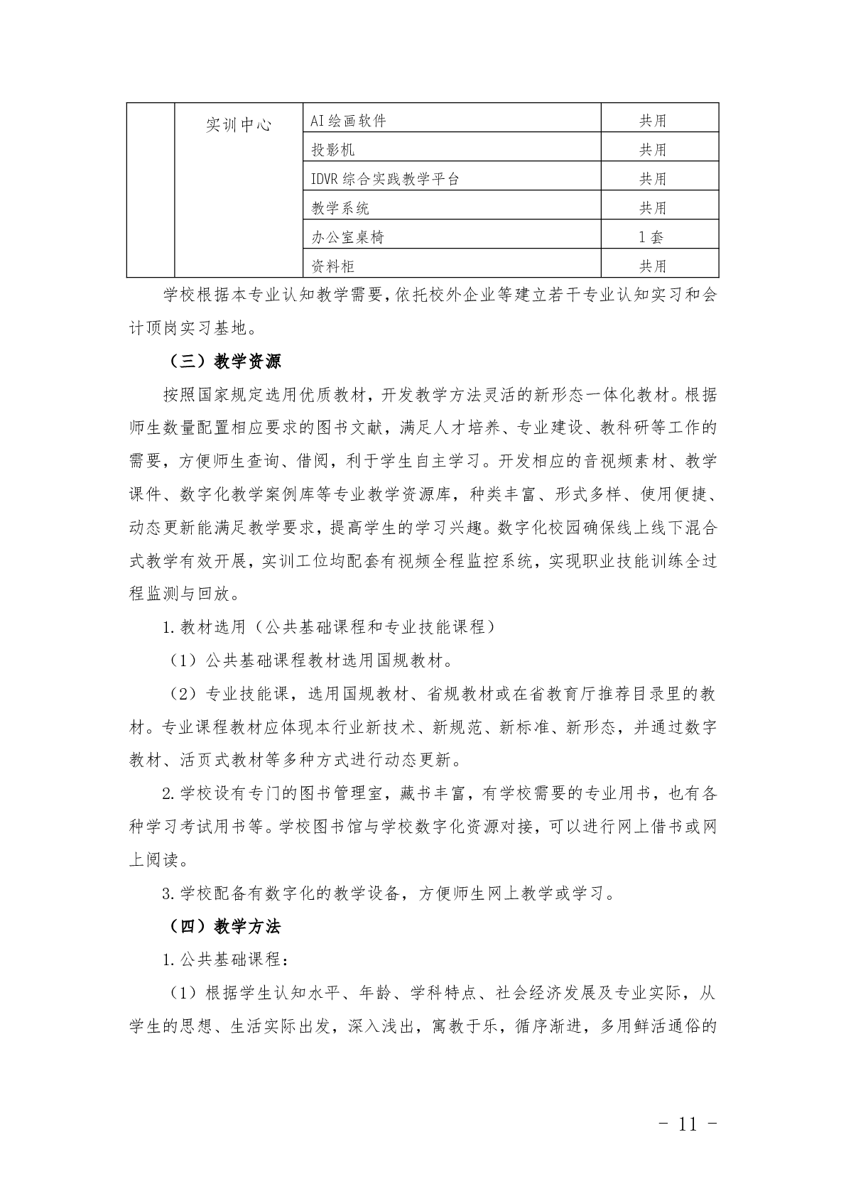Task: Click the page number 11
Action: pyautogui.click(x=688, y=1124)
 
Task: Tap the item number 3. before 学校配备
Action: pyautogui.click(x=169, y=893)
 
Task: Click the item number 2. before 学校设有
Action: pyautogui.click(x=169, y=793)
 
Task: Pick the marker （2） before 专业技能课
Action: pyautogui.click(x=183, y=694)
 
